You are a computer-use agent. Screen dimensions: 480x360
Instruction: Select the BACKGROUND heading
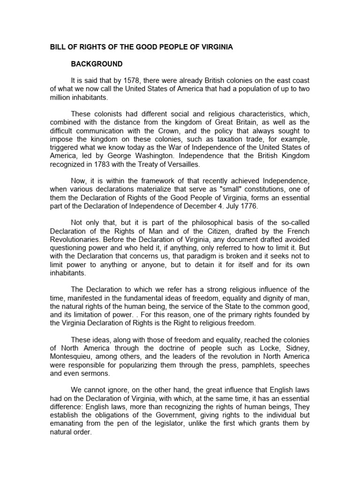pyautogui.click(x=97, y=64)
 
